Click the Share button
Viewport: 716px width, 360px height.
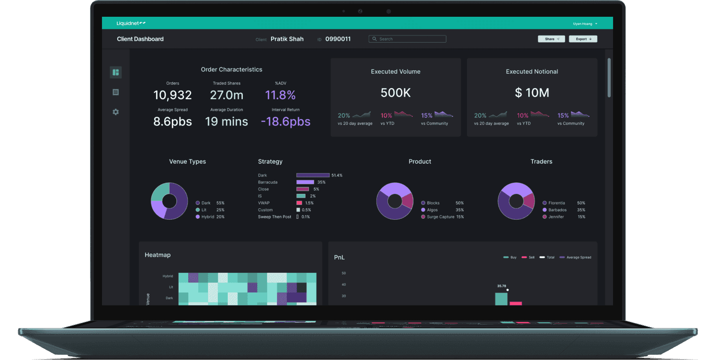click(551, 39)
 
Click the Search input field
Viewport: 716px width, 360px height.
click(407, 39)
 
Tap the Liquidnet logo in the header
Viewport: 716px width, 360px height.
click(131, 23)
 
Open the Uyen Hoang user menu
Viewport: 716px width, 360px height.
click(585, 23)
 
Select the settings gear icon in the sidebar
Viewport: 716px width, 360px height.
click(116, 112)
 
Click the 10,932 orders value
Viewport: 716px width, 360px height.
click(172, 95)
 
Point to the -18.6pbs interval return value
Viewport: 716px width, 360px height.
click(285, 122)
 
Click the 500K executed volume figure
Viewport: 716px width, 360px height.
click(396, 93)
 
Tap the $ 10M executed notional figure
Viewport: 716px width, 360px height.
click(532, 93)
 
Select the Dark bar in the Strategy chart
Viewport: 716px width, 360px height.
click(313, 175)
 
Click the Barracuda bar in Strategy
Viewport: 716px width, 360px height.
click(305, 182)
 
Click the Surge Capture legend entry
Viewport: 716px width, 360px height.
click(443, 217)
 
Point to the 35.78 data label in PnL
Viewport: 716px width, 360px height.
click(501, 286)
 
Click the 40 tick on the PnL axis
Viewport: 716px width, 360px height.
click(343, 284)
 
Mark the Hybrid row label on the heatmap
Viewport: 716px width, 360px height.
click(168, 276)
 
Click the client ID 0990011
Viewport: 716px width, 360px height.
click(338, 39)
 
